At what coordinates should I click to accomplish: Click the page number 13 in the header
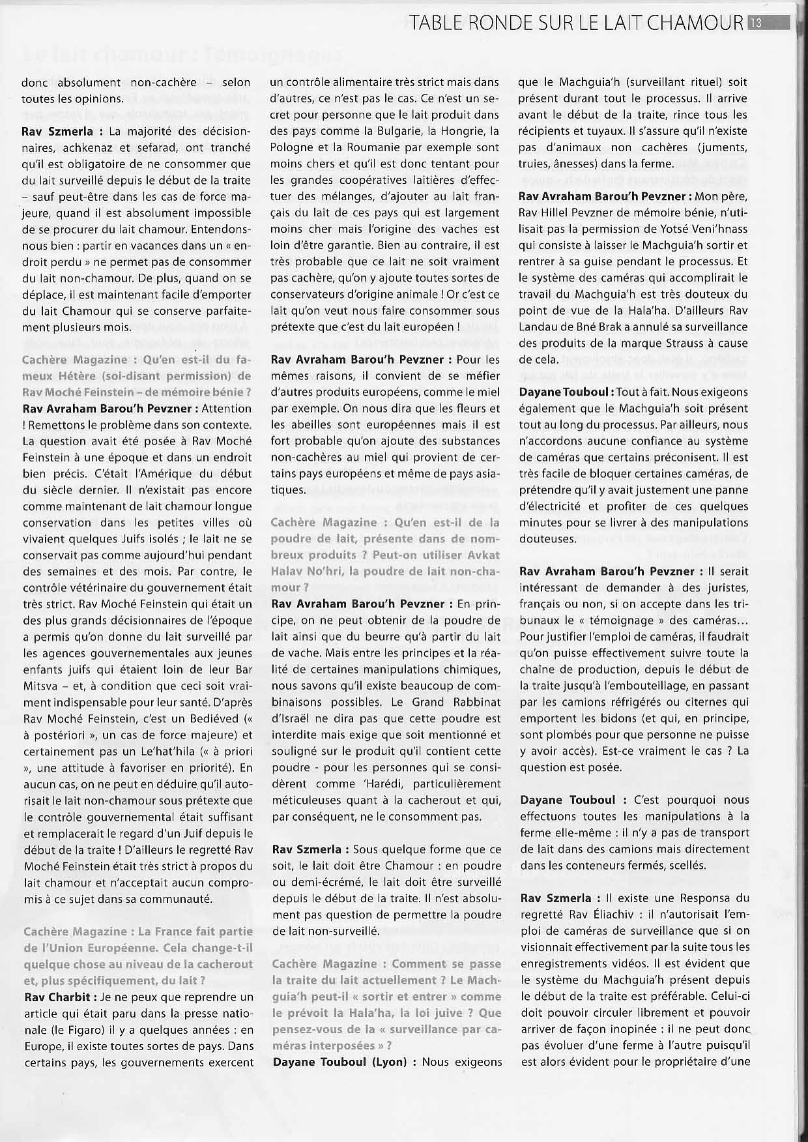coord(757,23)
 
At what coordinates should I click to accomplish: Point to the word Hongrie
coord(463,132)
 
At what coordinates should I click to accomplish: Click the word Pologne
coord(291,148)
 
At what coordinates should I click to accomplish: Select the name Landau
coord(538,327)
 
